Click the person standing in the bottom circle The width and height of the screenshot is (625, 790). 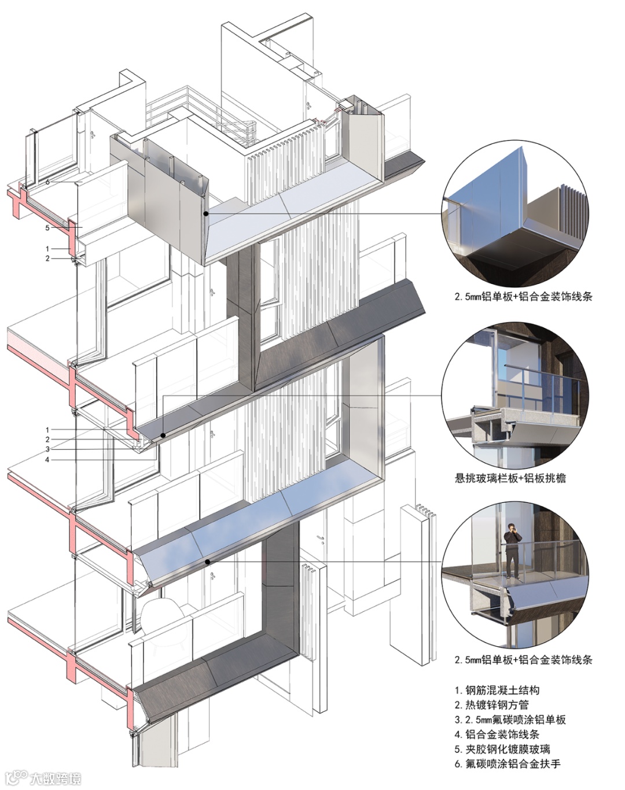pos(511,550)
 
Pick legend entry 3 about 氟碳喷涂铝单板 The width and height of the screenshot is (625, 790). pos(509,720)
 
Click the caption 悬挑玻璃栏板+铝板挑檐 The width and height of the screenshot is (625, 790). pos(510,478)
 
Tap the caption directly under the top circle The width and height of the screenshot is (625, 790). pos(523,297)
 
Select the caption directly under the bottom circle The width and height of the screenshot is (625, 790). pos(523,660)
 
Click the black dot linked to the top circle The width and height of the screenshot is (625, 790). pos(206,214)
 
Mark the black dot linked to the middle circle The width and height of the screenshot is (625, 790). pos(163,435)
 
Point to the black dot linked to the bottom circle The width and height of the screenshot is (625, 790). pos(207,562)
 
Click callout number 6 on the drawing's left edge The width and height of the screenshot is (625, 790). pos(48,182)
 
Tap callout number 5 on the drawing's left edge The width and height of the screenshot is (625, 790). pos(48,228)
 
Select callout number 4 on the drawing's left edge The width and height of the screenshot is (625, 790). pos(48,460)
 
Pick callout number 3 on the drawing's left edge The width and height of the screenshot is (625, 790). pos(48,449)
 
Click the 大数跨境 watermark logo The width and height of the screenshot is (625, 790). pos(43,777)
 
